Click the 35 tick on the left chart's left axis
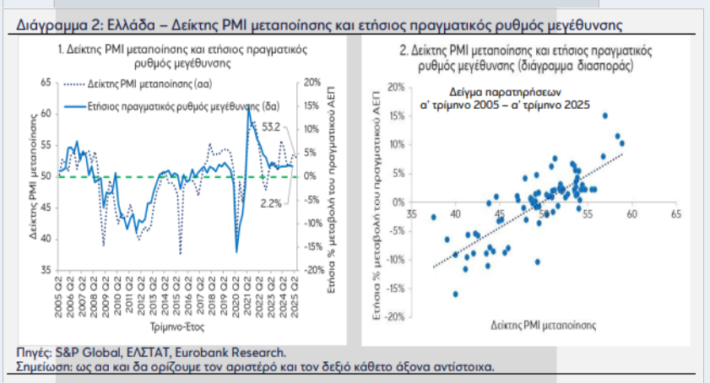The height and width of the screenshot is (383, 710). pyautogui.click(x=46, y=270)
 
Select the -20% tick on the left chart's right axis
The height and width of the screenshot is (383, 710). pyautogui.click(x=311, y=270)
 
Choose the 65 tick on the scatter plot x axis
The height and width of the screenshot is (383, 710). pyautogui.click(x=676, y=214)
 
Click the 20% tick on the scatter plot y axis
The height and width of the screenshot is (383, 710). pyautogui.click(x=393, y=87)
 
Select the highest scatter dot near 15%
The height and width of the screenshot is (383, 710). pyautogui.click(x=604, y=116)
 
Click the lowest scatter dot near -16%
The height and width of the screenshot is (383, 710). pyautogui.click(x=456, y=294)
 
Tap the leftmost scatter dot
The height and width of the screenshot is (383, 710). pyautogui.click(x=434, y=217)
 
